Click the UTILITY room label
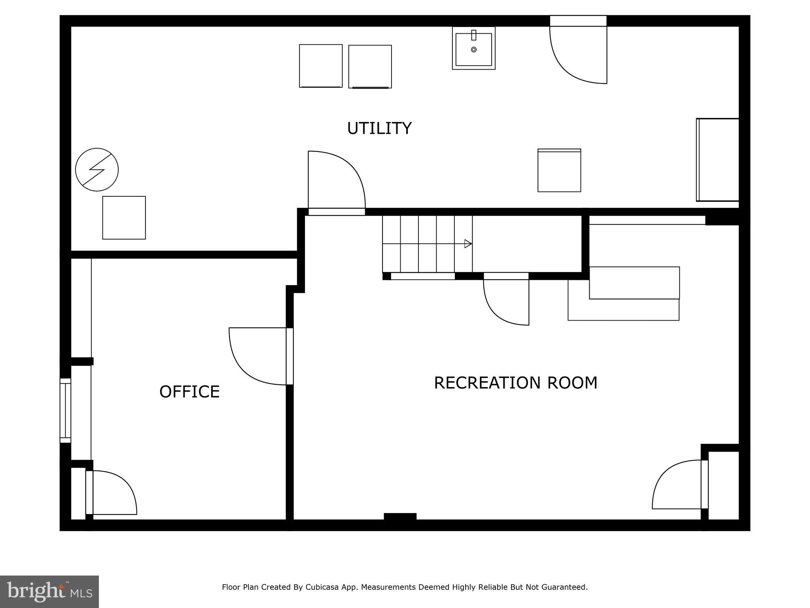click(379, 129)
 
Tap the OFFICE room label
click(189, 392)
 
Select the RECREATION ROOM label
click(515, 383)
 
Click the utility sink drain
click(474, 49)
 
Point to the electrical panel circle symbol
click(97, 170)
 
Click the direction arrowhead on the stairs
click(468, 244)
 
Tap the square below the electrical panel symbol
click(124, 218)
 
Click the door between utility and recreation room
click(337, 182)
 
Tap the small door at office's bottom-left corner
click(111, 492)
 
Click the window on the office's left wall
click(65, 410)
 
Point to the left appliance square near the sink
click(321, 66)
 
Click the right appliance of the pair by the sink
click(370, 66)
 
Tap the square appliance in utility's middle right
click(559, 171)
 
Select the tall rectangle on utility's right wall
click(717, 160)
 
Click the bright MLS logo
click(49, 591)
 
